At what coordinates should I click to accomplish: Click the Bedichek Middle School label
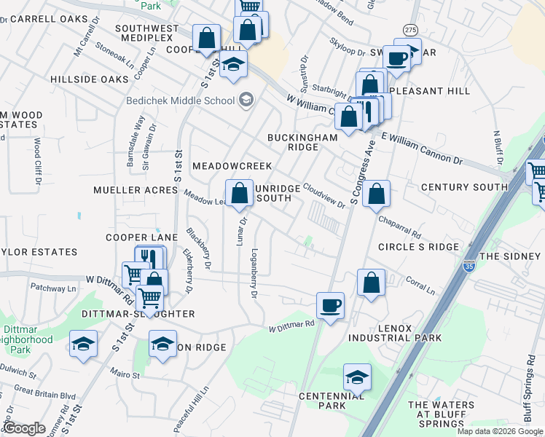(x=179, y=99)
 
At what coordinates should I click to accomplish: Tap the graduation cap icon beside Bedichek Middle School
(x=246, y=99)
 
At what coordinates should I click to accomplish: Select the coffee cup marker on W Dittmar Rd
(x=330, y=306)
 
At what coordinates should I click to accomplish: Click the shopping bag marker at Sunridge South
(x=239, y=194)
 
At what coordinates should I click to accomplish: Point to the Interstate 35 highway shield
(x=469, y=266)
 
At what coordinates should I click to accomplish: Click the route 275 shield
(x=411, y=29)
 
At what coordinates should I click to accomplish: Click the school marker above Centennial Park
(x=357, y=377)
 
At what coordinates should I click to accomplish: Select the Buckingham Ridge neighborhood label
(x=302, y=142)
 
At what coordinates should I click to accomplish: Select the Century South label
(x=464, y=187)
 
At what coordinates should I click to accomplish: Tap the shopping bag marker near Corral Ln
(x=371, y=283)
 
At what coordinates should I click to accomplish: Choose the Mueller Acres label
(x=136, y=190)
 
